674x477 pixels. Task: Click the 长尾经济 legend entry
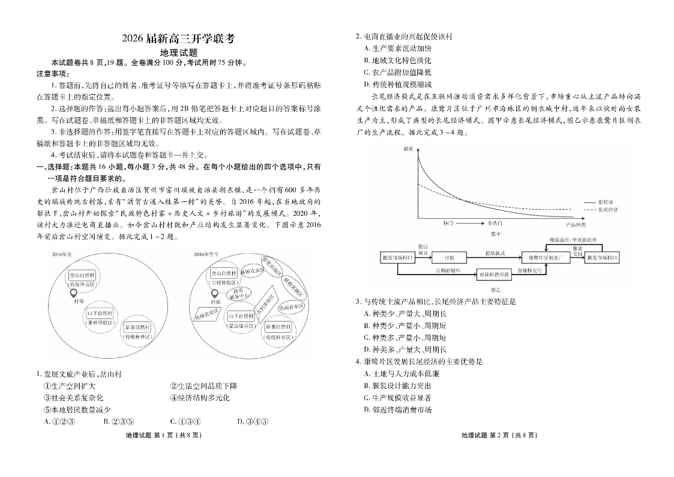[607, 210]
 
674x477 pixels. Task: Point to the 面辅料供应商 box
[494, 275]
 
